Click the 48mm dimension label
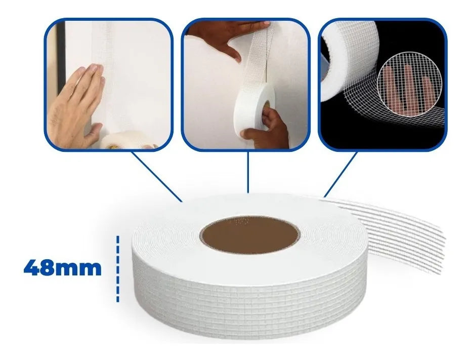(62, 268)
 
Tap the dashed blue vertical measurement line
(117, 269)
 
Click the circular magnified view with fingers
(409, 84)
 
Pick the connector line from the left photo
(156, 176)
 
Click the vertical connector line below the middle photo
(247, 172)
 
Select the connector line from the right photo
(340, 174)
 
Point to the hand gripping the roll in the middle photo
(265, 128)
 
